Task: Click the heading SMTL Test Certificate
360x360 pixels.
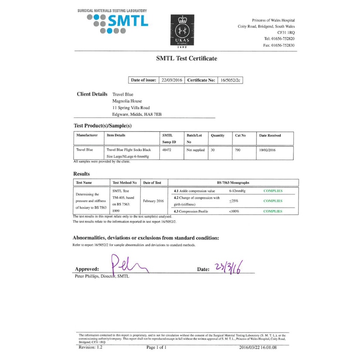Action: tap(186, 58)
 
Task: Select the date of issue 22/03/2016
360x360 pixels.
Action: tap(171, 80)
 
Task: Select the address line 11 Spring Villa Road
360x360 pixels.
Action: tap(131, 108)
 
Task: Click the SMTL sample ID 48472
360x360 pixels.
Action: tap(166, 149)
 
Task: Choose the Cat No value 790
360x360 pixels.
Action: tap(238, 149)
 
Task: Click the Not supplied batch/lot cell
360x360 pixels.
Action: tap(195, 149)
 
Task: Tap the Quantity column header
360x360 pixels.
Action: tap(217, 135)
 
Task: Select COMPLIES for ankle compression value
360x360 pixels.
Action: tap(273, 191)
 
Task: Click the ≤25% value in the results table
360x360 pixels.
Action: tap(233, 201)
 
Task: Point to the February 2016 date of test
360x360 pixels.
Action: tap(154, 201)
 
